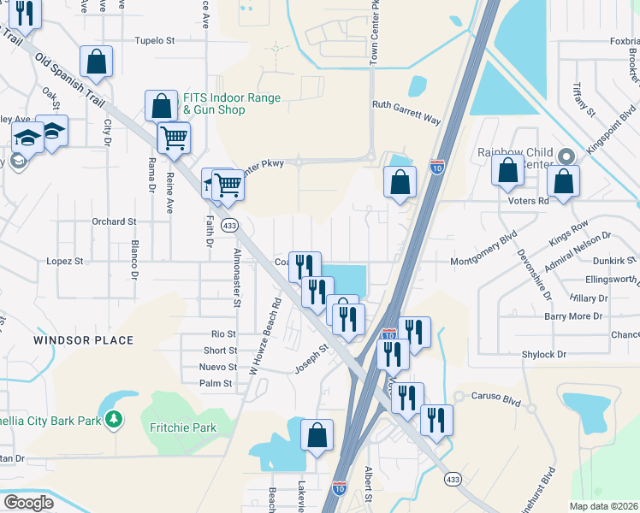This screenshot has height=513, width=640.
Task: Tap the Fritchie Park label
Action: [x=182, y=427]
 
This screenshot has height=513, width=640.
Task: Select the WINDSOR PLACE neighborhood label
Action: [x=84, y=340]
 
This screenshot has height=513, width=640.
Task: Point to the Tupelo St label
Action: [x=155, y=40]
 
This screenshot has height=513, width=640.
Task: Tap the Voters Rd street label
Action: [x=531, y=201]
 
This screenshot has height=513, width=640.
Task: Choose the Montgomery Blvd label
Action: [x=483, y=248]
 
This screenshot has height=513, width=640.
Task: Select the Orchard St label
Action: [x=114, y=221]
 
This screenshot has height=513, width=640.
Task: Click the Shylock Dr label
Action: [x=544, y=354]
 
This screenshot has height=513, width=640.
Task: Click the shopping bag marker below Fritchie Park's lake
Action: [x=317, y=434]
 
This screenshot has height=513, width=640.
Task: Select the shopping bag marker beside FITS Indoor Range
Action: [x=161, y=106]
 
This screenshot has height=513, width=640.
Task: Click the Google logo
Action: [x=28, y=502]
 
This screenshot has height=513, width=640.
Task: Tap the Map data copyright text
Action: [x=603, y=506]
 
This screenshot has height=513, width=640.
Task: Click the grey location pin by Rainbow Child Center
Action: [x=565, y=156]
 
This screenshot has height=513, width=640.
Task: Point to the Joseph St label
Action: [x=312, y=358]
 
